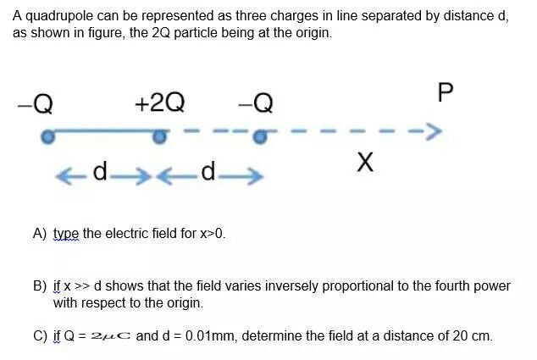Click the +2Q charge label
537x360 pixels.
(159, 103)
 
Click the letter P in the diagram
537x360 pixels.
(446, 92)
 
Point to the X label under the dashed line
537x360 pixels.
(365, 161)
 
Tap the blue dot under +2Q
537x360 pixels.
(158, 135)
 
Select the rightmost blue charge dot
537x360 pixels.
(263, 135)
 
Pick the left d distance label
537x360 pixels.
(101, 174)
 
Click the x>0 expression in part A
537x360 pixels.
(212, 233)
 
